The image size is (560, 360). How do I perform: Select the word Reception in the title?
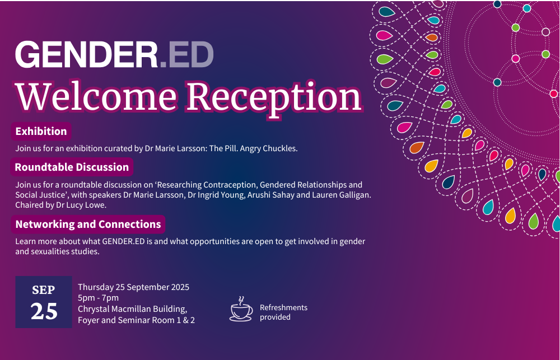[x=274, y=96]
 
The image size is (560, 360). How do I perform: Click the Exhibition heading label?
[x=41, y=132]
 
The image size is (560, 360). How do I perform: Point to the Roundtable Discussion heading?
[x=72, y=167]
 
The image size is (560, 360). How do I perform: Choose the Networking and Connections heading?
[x=88, y=225]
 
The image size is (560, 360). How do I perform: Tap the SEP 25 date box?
[x=44, y=302]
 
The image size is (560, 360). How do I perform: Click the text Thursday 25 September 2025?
[x=133, y=287]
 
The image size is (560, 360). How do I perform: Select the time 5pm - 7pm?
[x=98, y=298]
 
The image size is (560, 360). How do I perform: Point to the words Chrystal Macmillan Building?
[x=132, y=309]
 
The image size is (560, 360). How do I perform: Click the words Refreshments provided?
[x=283, y=312]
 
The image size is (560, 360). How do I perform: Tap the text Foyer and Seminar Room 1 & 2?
[x=136, y=320]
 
